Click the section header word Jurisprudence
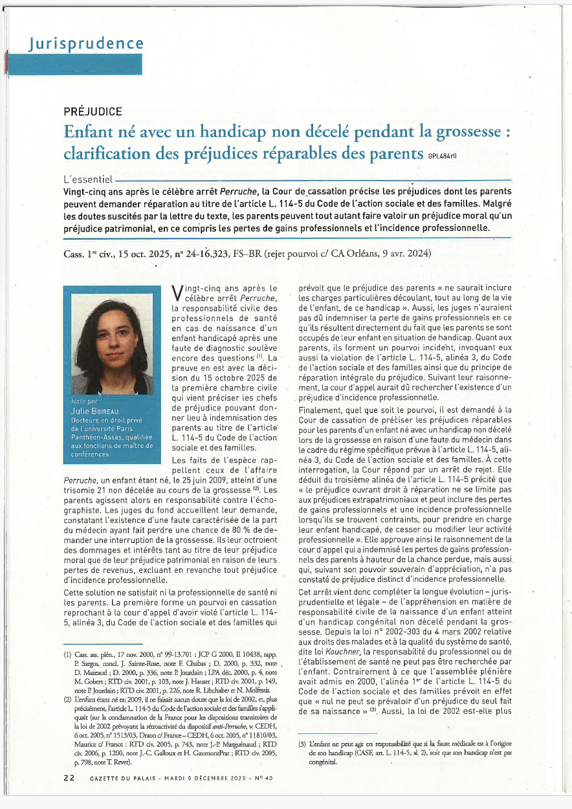86,44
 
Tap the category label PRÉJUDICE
93,111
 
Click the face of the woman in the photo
115,337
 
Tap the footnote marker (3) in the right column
302,746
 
